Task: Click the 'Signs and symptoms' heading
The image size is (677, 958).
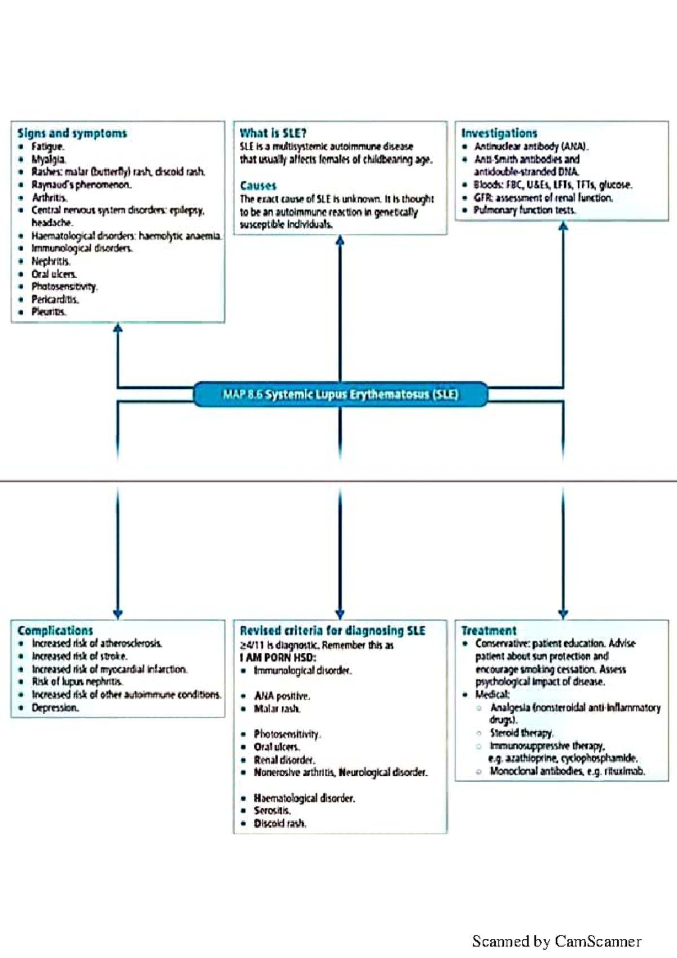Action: pos(72,133)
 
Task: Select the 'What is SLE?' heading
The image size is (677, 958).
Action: pos(273,133)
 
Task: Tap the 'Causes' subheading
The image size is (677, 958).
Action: pos(258,186)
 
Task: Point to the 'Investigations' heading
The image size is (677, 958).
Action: pos(499,133)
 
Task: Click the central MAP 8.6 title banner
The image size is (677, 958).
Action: pos(340,394)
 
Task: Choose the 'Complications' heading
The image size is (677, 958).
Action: pos(55,630)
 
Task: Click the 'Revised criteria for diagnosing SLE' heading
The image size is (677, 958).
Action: pos(332,630)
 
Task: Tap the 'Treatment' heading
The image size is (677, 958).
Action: pos(489,630)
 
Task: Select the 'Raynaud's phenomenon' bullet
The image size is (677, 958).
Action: pos(81,184)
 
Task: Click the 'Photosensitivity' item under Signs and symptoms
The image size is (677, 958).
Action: pos(64,287)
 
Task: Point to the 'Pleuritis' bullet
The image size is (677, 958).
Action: pos(49,311)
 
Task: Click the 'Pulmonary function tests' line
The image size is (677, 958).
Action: pos(525,210)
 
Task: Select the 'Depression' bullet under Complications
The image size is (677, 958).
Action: pos(55,707)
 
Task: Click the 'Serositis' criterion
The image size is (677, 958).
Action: pos(272,810)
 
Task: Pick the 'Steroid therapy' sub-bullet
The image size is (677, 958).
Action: pos(521,733)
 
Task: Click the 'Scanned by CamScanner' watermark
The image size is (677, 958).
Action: pos(556,941)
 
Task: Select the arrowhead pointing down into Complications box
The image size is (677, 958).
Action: pos(117,614)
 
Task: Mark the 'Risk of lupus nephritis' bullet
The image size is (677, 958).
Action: pos(77,682)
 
